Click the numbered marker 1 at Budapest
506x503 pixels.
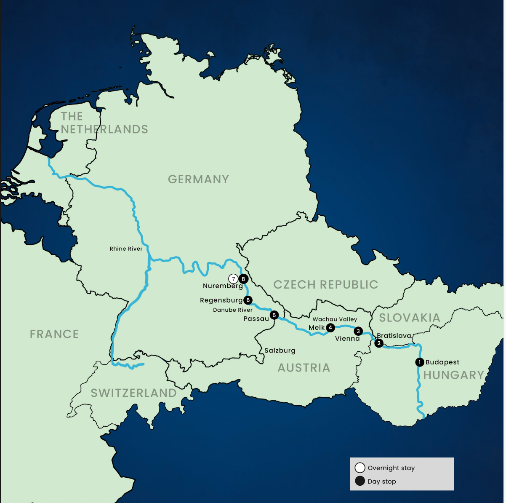(419, 362)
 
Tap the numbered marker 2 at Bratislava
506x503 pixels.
(379, 343)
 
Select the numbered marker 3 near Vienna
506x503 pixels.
(358, 331)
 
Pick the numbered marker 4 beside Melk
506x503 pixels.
(330, 327)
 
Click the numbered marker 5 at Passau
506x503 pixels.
(274, 315)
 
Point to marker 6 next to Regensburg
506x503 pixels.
(248, 300)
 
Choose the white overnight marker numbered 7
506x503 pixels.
(233, 279)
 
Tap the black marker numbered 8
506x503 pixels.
(243, 279)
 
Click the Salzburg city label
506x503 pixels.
(280, 350)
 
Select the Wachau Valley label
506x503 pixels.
(335, 319)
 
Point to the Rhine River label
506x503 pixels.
(126, 249)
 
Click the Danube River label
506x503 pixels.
(233, 310)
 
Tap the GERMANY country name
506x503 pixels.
(198, 179)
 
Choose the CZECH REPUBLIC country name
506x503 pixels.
(326, 285)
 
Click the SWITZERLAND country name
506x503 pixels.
(134, 393)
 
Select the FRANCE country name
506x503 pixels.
(54, 334)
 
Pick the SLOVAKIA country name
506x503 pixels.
(410, 318)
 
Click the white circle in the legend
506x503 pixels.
(360, 468)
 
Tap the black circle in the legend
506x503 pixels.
(360, 481)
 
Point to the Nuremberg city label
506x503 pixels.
(223, 286)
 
